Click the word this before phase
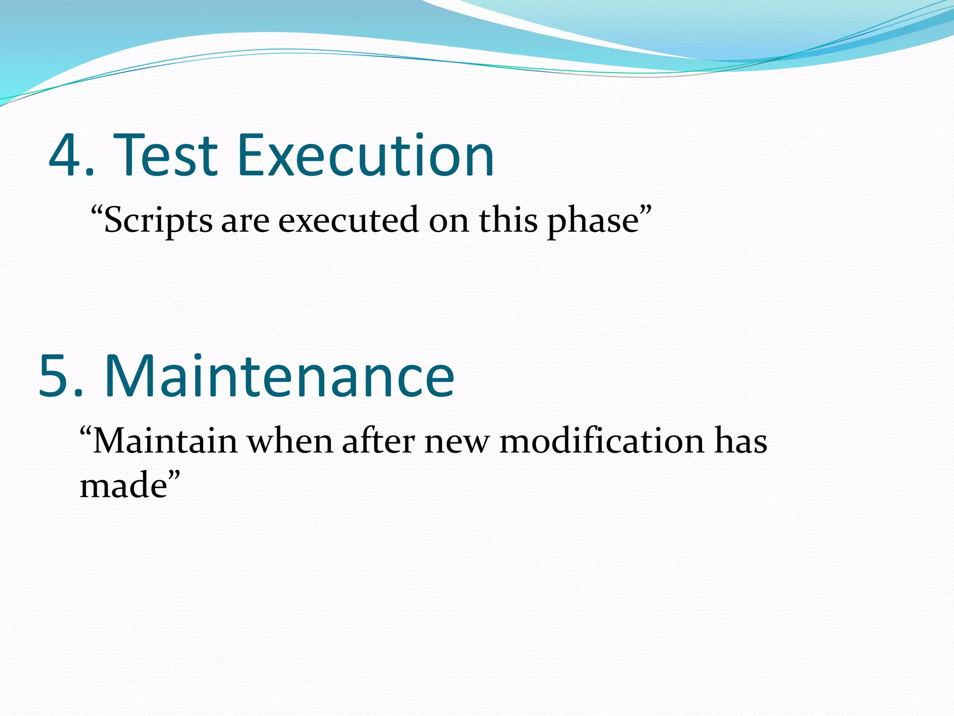508,220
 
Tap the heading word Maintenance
279,377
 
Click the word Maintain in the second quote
165,441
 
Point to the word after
378,441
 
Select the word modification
601,441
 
